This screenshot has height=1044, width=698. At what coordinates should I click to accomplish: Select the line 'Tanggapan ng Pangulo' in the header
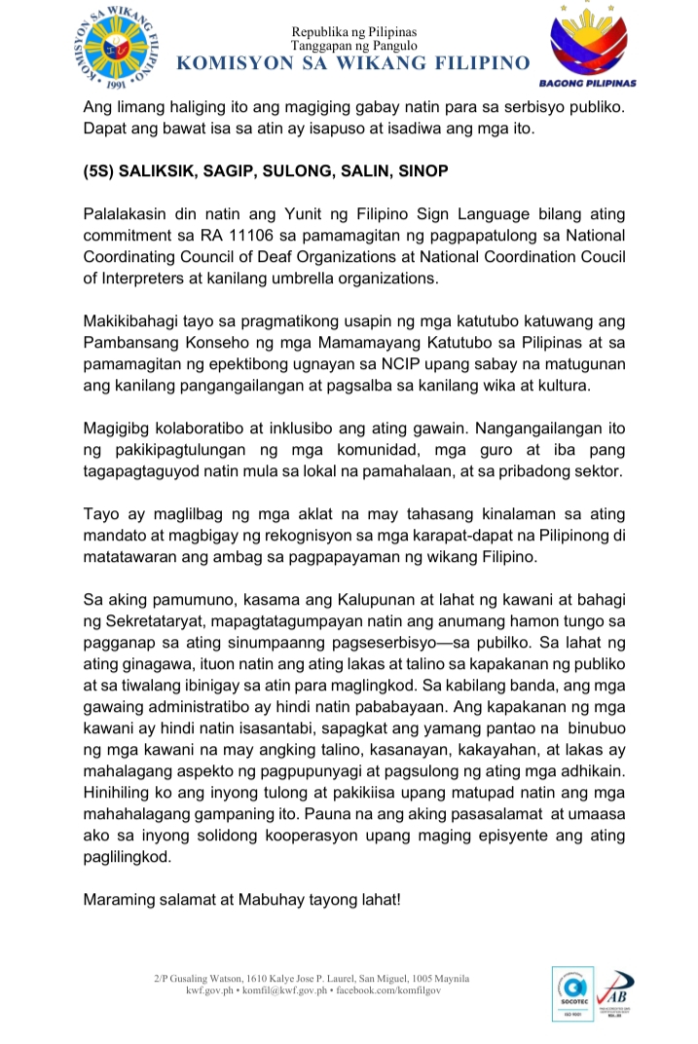(x=353, y=46)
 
